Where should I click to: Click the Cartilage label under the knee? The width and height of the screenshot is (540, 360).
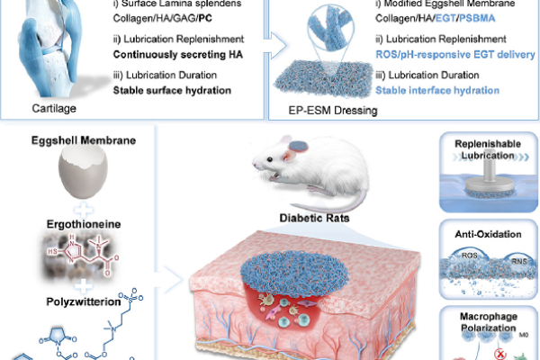pyautogui.click(x=54, y=109)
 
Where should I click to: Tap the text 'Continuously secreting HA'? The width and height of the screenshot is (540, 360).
pyautogui.click(x=178, y=54)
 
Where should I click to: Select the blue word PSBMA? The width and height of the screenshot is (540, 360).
pyautogui.click(x=477, y=18)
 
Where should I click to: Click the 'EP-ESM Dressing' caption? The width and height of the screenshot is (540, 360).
pyautogui.click(x=333, y=111)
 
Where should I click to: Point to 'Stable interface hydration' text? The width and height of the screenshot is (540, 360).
pyautogui.click(x=437, y=90)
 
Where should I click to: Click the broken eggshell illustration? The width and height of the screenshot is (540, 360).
pyautogui.click(x=83, y=175)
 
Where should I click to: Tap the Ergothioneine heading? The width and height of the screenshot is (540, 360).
pyautogui.click(x=84, y=224)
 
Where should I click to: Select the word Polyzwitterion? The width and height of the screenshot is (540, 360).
pyautogui.click(x=84, y=301)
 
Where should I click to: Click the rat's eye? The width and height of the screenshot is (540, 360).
pyautogui.click(x=270, y=159)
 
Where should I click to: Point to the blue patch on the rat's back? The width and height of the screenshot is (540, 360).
pyautogui.click(x=298, y=146)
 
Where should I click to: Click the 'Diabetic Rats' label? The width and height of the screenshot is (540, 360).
pyautogui.click(x=314, y=218)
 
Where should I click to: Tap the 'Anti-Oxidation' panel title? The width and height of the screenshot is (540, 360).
pyautogui.click(x=488, y=234)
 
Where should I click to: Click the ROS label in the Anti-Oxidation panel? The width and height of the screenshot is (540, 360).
pyautogui.click(x=470, y=256)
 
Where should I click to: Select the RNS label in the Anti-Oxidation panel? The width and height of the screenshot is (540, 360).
pyautogui.click(x=518, y=262)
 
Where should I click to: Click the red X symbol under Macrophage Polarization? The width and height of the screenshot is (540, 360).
pyautogui.click(x=500, y=354)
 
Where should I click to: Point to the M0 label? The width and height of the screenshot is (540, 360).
pyautogui.click(x=524, y=335)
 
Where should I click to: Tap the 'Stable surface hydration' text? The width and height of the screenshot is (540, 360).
pyautogui.click(x=172, y=90)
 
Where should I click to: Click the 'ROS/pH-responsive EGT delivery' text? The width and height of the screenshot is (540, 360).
pyautogui.click(x=455, y=54)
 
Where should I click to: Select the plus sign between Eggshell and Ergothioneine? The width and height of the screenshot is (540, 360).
pyautogui.click(x=84, y=210)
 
